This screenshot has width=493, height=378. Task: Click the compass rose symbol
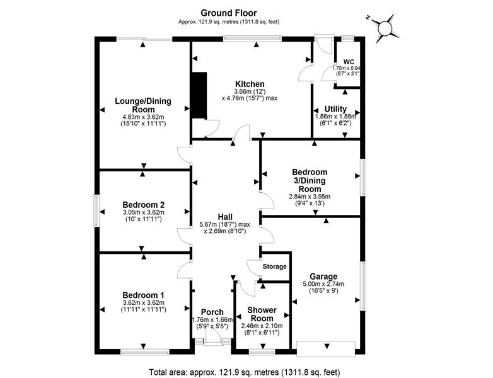[x=384, y=28]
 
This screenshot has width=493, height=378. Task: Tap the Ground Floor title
[x=229, y=12]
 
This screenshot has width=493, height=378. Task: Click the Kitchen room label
[x=250, y=84]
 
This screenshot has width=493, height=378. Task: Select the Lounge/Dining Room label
[x=143, y=105]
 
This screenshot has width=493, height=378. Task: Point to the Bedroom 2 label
[x=144, y=205]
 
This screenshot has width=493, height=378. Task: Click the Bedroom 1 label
[x=144, y=295]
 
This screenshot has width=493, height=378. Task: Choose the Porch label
[x=212, y=312]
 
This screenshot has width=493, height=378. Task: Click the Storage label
[x=274, y=267]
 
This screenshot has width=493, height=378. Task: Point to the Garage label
[x=323, y=276]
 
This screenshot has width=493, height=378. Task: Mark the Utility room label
[x=335, y=109]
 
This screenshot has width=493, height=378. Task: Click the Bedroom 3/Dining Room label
[x=310, y=180]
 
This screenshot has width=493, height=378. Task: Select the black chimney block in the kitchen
[x=199, y=95]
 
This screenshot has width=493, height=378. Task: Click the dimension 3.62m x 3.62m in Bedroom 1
[x=144, y=303]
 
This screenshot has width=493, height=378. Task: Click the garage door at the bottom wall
[x=326, y=346]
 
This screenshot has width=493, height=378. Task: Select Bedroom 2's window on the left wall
[x=97, y=211]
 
